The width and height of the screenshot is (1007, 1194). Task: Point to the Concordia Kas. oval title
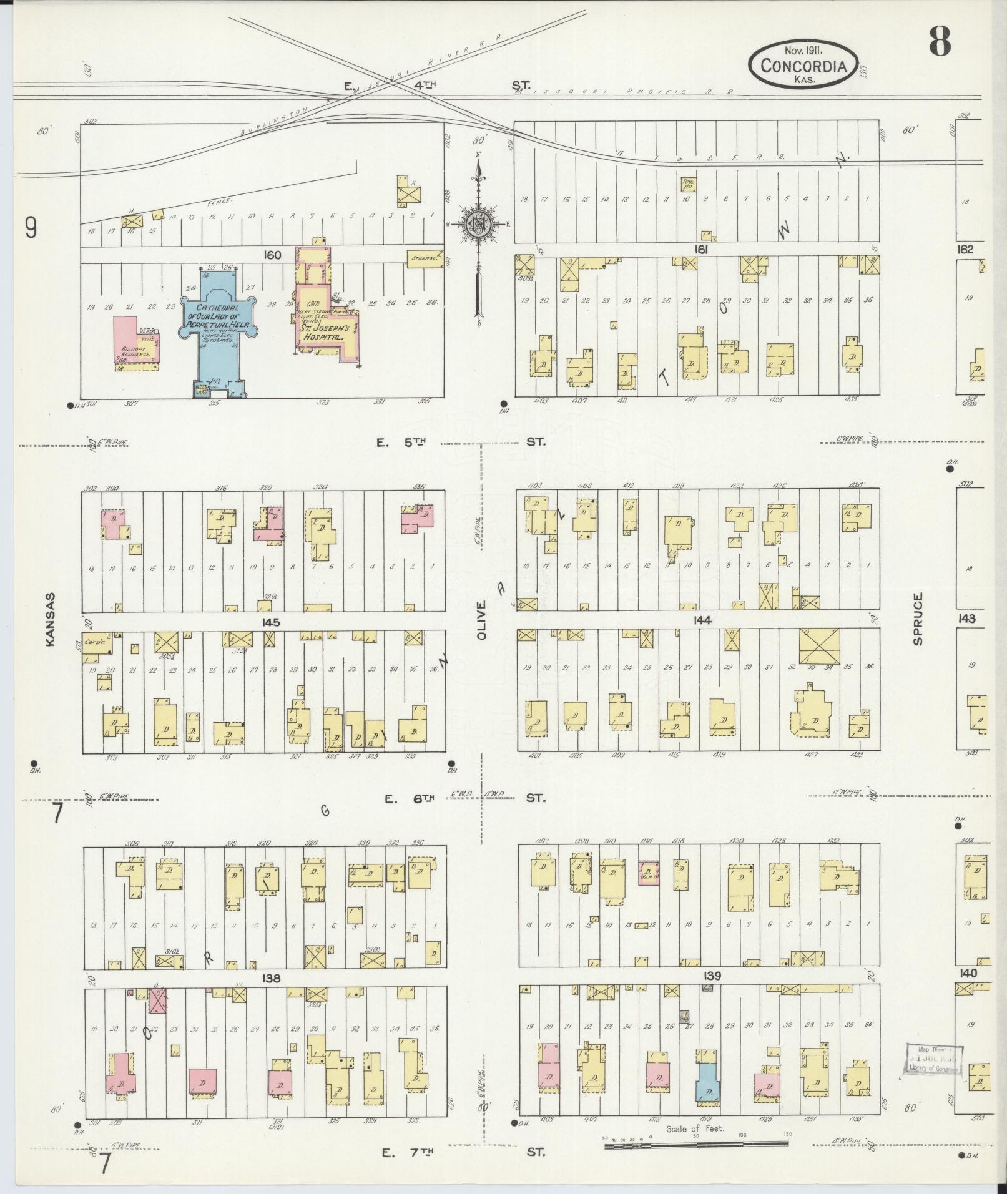[x=803, y=65]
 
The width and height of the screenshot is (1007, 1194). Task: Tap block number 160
[x=273, y=255]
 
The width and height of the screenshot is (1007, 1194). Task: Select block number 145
[x=271, y=622]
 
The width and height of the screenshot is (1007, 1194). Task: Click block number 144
[x=702, y=620]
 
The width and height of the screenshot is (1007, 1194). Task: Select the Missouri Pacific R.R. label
[x=624, y=92]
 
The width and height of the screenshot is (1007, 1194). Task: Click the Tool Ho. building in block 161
[x=688, y=184]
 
